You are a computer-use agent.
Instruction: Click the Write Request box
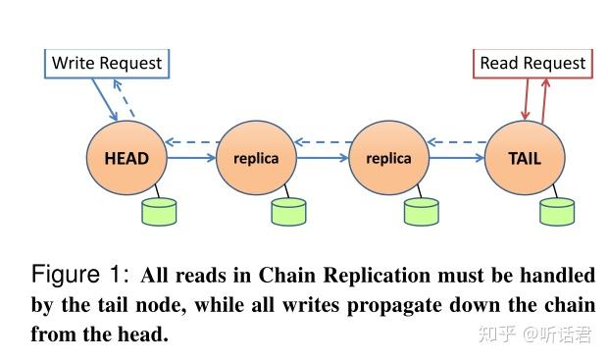click(x=106, y=64)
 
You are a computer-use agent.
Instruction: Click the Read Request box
click(x=532, y=64)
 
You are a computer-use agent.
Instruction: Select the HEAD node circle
click(x=126, y=158)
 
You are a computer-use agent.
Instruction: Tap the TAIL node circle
click(x=524, y=158)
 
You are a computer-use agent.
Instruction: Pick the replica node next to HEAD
click(x=255, y=158)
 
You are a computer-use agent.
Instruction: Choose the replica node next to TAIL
click(x=387, y=158)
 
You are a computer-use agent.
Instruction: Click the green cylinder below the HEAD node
click(x=159, y=210)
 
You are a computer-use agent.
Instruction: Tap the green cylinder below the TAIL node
click(x=557, y=210)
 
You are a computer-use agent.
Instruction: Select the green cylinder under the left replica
click(x=288, y=210)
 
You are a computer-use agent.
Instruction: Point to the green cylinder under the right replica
click(x=422, y=210)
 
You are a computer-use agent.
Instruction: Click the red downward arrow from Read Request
click(x=525, y=98)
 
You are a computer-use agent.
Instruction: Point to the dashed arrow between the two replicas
click(x=322, y=143)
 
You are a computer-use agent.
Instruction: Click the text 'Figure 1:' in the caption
click(x=80, y=275)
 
